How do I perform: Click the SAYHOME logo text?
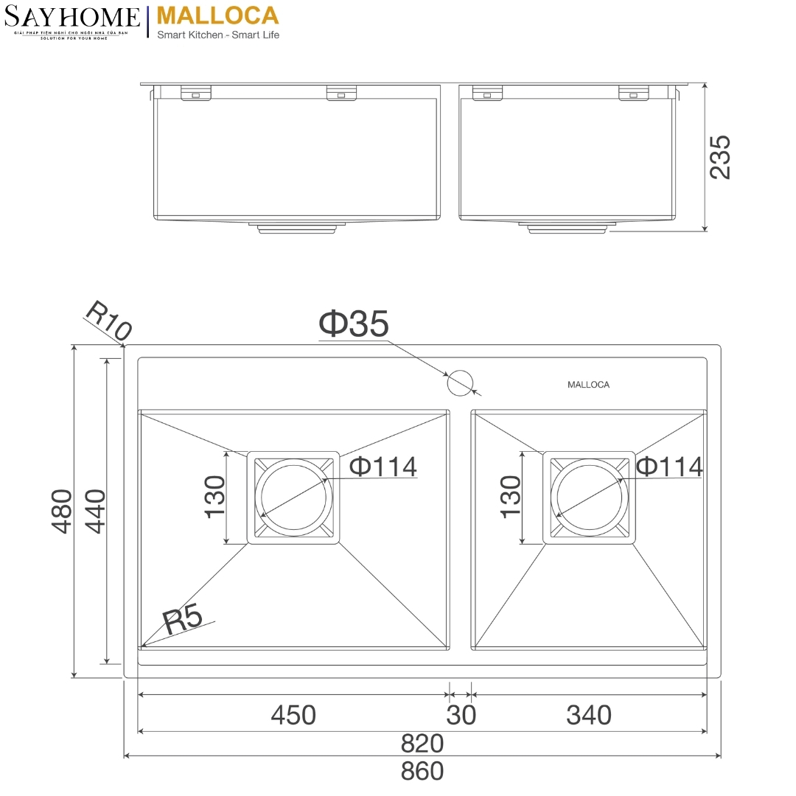click(71, 17)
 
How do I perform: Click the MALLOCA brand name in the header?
click(218, 15)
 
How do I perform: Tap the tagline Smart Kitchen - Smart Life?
click(218, 35)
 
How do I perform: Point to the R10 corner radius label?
click(108, 320)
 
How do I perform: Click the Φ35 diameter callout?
click(353, 324)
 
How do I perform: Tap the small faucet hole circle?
click(460, 382)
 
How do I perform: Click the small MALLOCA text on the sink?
click(588, 385)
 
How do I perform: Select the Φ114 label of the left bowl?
click(383, 467)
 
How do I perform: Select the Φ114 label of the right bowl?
click(669, 467)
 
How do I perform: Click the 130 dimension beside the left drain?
click(214, 497)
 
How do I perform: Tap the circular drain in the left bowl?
click(293, 497)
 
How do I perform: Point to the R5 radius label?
click(182, 621)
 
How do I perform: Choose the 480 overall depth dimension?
click(61, 511)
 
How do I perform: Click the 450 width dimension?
click(293, 715)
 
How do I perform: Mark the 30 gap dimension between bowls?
click(461, 715)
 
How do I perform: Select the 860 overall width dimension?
click(422, 771)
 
